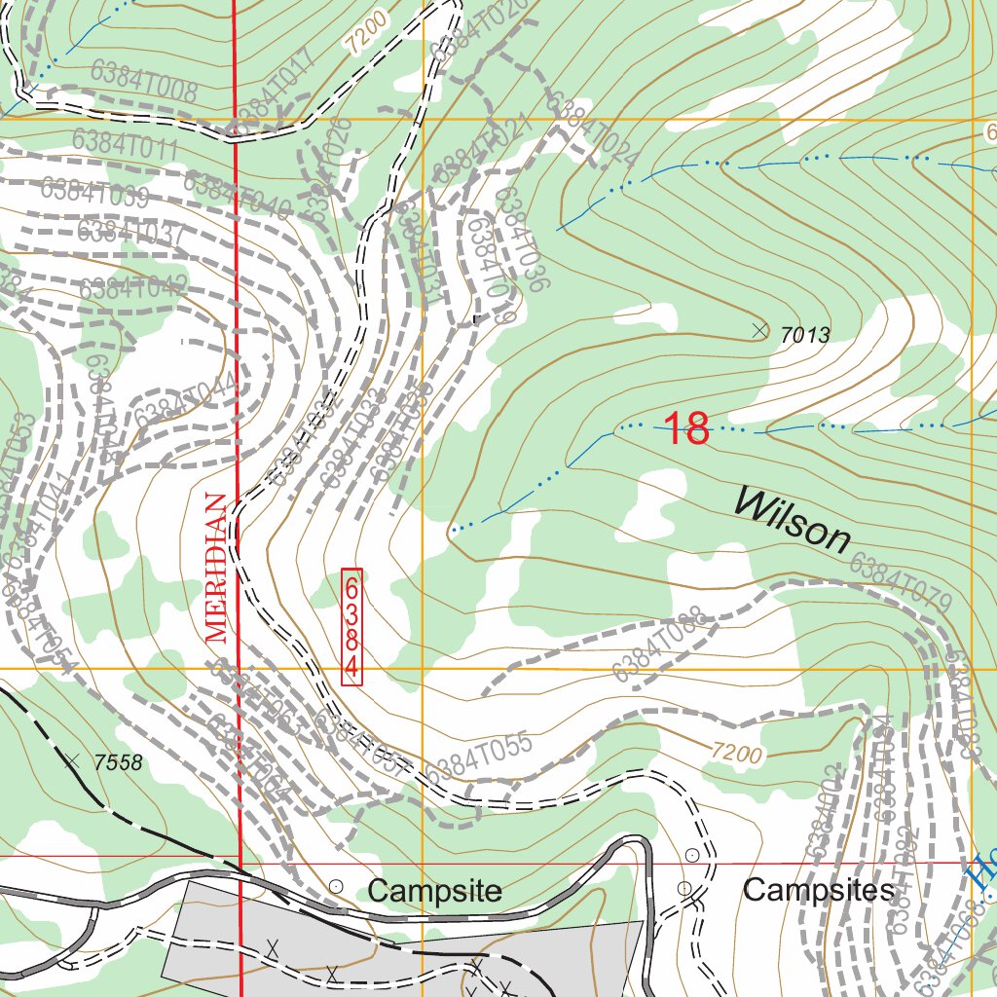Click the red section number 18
point(686,428)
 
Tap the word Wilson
point(792,519)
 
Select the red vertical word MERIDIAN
point(217,569)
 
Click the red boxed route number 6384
point(351,627)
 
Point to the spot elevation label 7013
point(804,336)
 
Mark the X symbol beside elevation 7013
point(759,331)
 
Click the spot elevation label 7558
point(119,763)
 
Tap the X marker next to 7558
point(71,759)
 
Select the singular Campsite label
point(435,890)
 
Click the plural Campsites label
point(818,890)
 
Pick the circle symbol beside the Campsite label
point(336,886)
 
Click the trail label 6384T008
point(143,82)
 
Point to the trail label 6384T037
point(130,234)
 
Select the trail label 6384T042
point(133,288)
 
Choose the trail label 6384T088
point(659,644)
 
